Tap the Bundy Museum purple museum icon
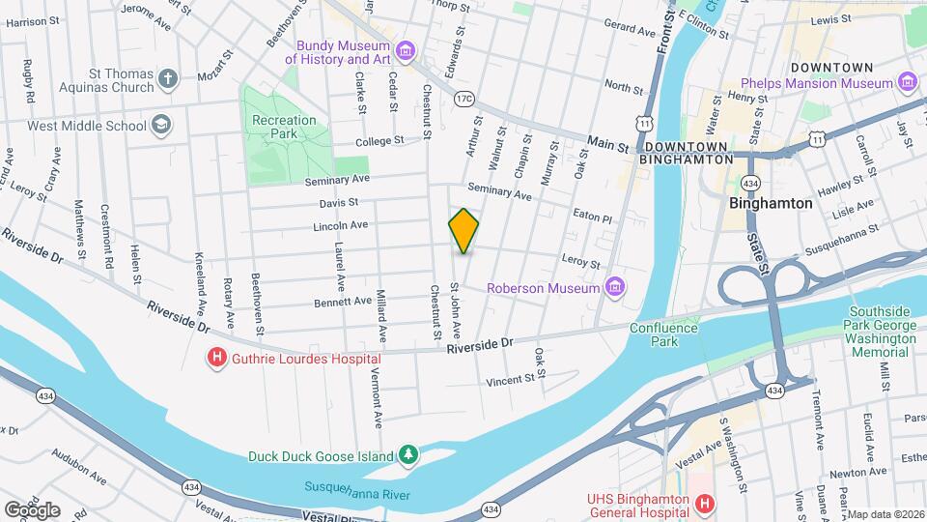coord(406,51)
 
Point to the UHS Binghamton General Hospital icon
coord(705,505)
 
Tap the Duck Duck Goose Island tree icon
coord(409,455)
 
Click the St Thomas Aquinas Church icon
coord(168,79)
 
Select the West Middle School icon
coord(161,125)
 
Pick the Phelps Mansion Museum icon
coord(908,83)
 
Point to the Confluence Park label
coord(663,334)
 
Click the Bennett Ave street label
coord(343,302)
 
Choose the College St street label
coord(379,141)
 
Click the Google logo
coord(32,509)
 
